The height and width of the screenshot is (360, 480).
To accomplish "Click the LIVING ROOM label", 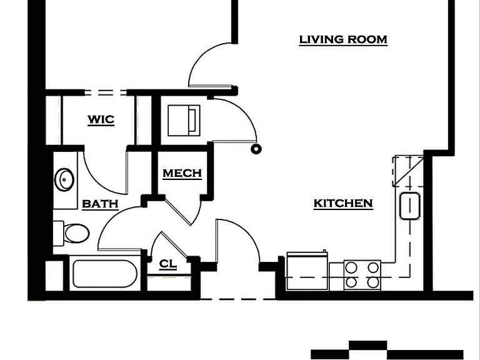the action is click(x=343, y=39).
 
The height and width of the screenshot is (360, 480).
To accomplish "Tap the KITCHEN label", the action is click(x=343, y=203).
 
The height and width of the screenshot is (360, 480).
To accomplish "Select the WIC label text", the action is click(x=101, y=119).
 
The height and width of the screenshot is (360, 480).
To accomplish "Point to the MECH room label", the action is click(x=182, y=173).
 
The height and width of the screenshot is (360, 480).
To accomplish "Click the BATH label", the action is click(x=100, y=204).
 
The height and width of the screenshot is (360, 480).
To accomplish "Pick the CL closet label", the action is click(x=168, y=264).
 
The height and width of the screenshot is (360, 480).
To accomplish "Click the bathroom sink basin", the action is click(x=64, y=179).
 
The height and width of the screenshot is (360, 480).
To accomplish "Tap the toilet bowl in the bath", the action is click(x=76, y=233).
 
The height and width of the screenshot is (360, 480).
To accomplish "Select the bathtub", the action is click(x=105, y=273).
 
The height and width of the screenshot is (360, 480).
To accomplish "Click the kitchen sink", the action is click(x=409, y=206).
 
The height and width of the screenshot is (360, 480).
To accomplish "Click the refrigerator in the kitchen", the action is click(x=307, y=271).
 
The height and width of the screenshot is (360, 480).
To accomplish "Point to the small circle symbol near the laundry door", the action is click(x=256, y=149).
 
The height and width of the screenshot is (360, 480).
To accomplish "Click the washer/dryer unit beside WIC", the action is click(x=184, y=120).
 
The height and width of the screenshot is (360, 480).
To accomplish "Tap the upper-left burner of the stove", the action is click(x=351, y=267).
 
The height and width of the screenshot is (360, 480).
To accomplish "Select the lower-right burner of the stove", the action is click(x=373, y=282).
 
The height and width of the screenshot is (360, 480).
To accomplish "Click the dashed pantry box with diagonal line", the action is click(x=408, y=171).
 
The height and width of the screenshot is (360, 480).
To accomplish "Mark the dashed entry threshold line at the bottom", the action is click(x=238, y=299).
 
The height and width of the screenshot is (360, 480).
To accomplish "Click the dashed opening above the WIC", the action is click(x=106, y=92).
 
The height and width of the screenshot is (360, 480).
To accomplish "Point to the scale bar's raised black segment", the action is click(x=368, y=345).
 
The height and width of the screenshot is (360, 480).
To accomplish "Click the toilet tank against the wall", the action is click(x=58, y=233).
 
